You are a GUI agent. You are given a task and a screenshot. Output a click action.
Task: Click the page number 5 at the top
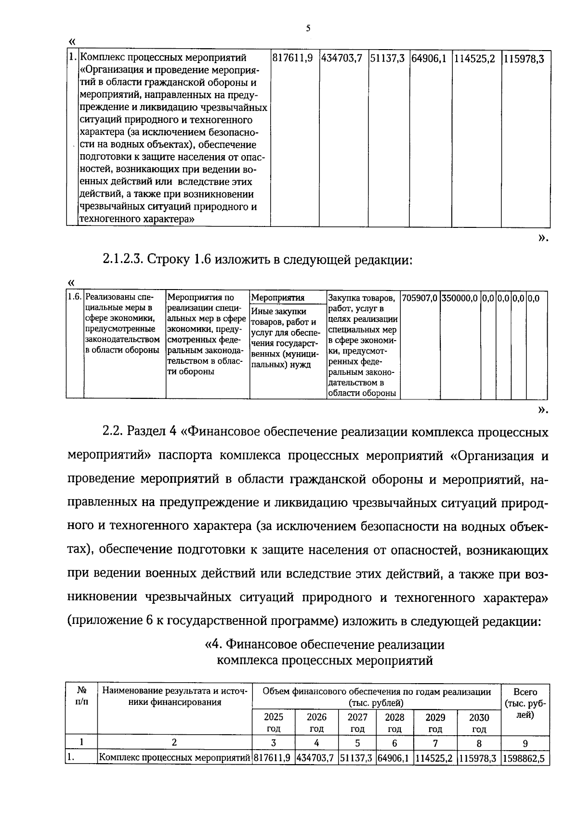pyautogui.click(x=308, y=28)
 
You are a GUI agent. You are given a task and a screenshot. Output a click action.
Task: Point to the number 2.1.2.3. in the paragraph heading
pyautogui.click(x=123, y=260)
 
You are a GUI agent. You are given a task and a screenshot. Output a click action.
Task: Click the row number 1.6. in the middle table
pyautogui.click(x=75, y=298)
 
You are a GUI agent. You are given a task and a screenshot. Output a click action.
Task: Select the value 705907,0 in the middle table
pyautogui.click(x=420, y=298)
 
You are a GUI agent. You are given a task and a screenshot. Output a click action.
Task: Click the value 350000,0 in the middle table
pyautogui.click(x=460, y=298)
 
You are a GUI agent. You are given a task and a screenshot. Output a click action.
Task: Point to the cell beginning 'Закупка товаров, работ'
pyautogui.click(x=363, y=345)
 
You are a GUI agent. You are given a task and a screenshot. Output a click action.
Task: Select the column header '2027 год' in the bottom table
pyautogui.click(x=357, y=723)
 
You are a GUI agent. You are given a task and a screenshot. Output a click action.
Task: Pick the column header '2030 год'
pyautogui.click(x=479, y=723)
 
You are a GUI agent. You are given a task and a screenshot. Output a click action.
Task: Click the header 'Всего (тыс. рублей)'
pyautogui.click(x=525, y=703)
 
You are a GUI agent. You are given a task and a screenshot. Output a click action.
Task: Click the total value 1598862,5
pyautogui.click(x=525, y=758)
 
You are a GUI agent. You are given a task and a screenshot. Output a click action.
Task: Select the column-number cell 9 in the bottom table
pyautogui.click(x=525, y=743)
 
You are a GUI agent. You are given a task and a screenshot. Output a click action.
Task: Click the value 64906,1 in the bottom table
pyautogui.click(x=394, y=758)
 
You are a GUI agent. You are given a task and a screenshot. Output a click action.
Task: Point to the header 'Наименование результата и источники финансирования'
pyautogui.click(x=174, y=697)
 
